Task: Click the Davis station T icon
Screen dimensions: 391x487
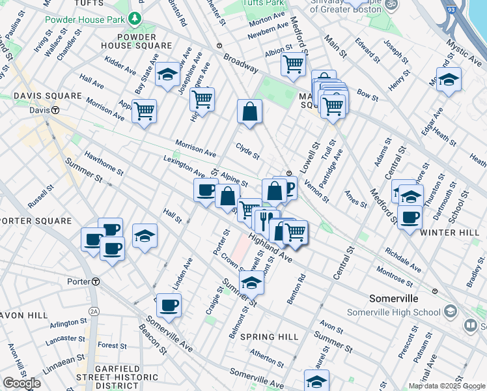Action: [x=57, y=110]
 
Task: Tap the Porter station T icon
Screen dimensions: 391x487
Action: [x=95, y=282]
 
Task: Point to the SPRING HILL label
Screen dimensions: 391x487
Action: [x=269, y=337]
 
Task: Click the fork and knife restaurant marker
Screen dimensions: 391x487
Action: [x=266, y=219]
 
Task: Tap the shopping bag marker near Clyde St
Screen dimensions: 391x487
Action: [x=249, y=111]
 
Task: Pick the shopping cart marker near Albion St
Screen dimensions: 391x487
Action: [x=293, y=65]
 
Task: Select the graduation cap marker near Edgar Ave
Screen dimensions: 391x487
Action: [x=449, y=80]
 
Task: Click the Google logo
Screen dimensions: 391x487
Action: [x=21, y=383]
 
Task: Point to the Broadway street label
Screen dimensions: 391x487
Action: [x=241, y=63]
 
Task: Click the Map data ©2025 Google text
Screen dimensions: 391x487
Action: [x=446, y=386]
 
